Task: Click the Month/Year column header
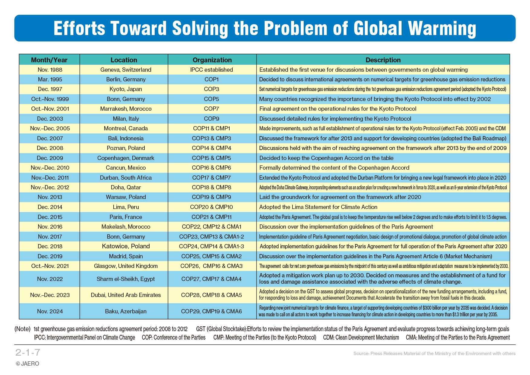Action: pos(49,60)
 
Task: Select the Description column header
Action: pos(383,60)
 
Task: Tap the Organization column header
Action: pos(212,60)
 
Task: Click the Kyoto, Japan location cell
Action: pos(126,89)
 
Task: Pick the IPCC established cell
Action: pos(212,70)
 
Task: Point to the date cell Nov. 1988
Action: pos(50,70)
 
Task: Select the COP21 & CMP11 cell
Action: pos(212,217)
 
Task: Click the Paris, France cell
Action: pos(126,217)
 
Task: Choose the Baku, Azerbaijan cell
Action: pos(126,311)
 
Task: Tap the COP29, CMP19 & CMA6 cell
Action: pos(212,311)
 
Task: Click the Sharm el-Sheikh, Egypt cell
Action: pos(126,279)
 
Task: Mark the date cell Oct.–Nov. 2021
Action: pos(50,266)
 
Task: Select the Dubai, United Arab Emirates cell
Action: pos(126,295)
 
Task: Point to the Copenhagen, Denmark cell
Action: pos(126,158)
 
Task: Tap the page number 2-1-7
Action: pos(28,352)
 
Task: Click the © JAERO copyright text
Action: pos(27,364)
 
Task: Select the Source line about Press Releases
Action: pos(435,353)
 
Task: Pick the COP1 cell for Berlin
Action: pos(212,79)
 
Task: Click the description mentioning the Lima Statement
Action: pos(318,207)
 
